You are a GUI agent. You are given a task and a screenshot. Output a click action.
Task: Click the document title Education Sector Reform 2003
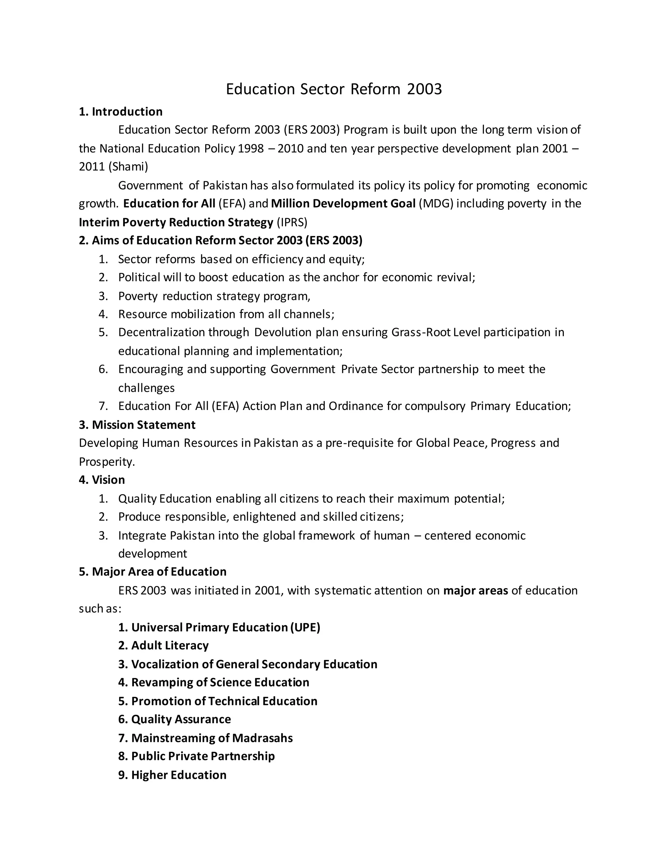334,89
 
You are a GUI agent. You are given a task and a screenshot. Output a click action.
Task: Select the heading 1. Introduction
121,112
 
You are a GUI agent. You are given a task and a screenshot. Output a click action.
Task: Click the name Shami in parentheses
128,167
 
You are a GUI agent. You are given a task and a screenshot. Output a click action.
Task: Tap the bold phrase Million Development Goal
343,204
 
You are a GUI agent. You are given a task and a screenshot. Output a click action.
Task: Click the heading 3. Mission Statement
137,425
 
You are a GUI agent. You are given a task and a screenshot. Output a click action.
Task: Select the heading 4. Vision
102,480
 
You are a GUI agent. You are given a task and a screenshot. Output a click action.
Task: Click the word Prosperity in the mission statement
106,462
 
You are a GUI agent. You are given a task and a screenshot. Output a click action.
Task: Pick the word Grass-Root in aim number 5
421,332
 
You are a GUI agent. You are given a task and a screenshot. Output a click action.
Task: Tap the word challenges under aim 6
146,388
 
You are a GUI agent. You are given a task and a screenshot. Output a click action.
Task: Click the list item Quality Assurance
174,719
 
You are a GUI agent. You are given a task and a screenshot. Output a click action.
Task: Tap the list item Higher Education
172,775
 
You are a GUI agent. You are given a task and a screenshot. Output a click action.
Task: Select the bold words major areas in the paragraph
475,591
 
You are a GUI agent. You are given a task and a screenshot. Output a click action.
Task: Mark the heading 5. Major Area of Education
153,572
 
